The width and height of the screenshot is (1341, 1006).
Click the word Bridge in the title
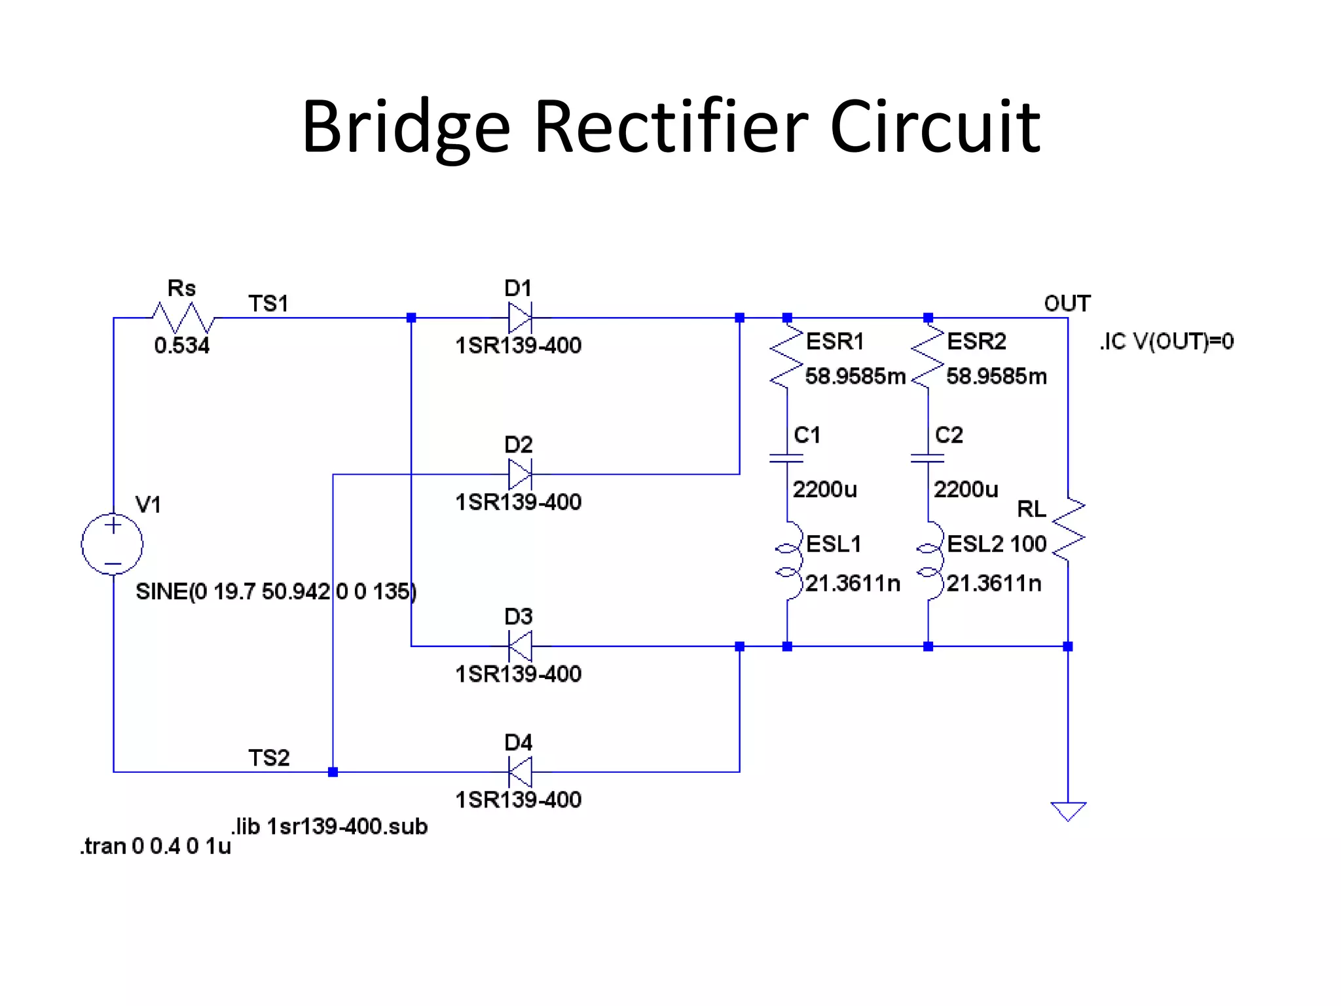coord(405,128)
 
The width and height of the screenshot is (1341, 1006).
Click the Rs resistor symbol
coord(183,318)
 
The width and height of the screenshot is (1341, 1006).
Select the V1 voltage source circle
coord(113,544)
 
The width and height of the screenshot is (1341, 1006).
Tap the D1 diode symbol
coord(520,318)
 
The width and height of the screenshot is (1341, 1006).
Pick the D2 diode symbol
coord(520,474)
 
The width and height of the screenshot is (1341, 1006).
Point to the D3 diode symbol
coord(520,646)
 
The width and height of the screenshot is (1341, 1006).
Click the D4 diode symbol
coord(520,772)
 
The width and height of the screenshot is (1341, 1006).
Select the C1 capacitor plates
coord(786,458)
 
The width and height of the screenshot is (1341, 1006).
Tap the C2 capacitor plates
coord(927,458)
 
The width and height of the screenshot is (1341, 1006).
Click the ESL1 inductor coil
coord(789,561)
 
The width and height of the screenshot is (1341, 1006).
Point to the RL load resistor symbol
coord(1068,529)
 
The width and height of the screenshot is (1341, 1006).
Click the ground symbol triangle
coord(1068,811)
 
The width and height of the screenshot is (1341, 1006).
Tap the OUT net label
coord(1067,303)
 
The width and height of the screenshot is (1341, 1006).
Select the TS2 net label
coord(268,758)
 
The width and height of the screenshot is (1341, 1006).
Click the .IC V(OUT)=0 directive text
coord(1167,341)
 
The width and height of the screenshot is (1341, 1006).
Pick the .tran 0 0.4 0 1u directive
coord(156,846)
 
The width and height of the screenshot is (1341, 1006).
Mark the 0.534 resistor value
coord(182,345)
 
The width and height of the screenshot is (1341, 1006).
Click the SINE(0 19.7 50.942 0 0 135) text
coord(276,591)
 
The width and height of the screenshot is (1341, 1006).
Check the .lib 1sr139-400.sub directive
coord(329,827)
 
